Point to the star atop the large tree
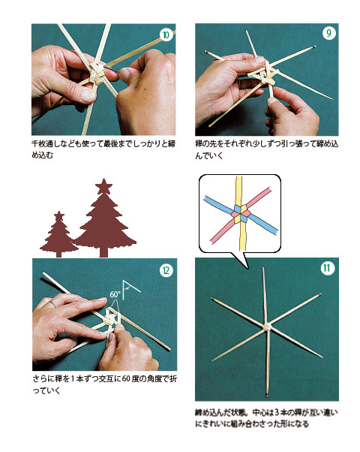[104, 185]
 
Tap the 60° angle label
[115, 294]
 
